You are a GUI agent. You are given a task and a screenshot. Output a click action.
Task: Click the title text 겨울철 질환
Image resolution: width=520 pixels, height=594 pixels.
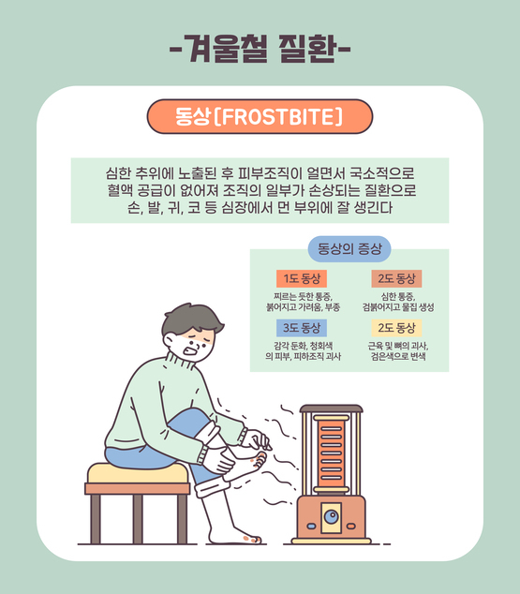(260, 50)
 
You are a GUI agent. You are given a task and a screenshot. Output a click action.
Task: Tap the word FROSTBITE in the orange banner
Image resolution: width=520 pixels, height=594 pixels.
(278, 117)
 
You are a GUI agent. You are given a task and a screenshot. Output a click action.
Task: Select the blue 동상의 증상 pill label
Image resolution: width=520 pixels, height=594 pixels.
(349, 249)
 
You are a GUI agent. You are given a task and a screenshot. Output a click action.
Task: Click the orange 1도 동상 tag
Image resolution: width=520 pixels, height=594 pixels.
(302, 279)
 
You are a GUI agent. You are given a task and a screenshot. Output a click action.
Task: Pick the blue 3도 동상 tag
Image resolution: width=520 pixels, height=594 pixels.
(302, 328)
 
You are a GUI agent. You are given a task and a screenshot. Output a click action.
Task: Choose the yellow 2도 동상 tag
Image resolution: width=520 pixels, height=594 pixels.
(396, 328)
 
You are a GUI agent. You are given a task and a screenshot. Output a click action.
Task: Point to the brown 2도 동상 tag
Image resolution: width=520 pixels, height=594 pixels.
(396, 279)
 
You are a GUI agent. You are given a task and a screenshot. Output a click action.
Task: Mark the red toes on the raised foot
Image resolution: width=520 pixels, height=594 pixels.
(260, 459)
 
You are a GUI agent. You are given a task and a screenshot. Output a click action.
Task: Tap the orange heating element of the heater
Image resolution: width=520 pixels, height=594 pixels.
(332, 453)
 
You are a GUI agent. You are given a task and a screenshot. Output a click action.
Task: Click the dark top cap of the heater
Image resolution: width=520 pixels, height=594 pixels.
(332, 408)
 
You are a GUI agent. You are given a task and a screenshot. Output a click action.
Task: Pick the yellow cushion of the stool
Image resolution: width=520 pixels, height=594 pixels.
(138, 473)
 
